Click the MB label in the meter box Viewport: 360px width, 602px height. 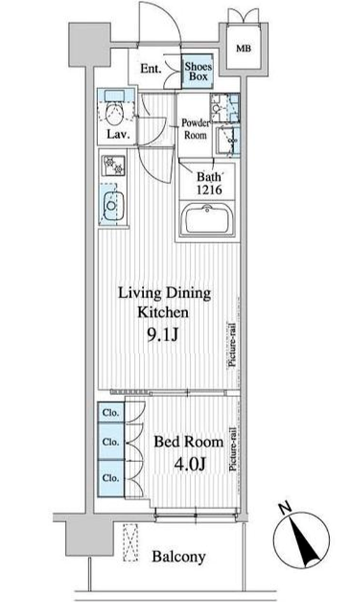244,49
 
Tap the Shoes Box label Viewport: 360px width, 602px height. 198,71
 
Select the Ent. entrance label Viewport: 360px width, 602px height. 151,69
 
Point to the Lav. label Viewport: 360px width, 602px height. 118,134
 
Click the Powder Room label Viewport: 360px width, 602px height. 196,129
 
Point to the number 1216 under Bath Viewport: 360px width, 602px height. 209,189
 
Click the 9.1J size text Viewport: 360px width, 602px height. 163,336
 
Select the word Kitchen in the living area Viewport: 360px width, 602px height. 163,312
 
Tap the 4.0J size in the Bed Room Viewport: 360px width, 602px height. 190,464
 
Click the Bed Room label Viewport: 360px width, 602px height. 189,442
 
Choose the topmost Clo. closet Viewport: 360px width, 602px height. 111,413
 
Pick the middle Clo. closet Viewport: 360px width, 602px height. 111,441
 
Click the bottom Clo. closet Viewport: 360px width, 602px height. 111,478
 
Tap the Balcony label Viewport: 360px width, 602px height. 178,557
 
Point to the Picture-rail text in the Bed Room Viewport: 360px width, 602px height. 232,449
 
